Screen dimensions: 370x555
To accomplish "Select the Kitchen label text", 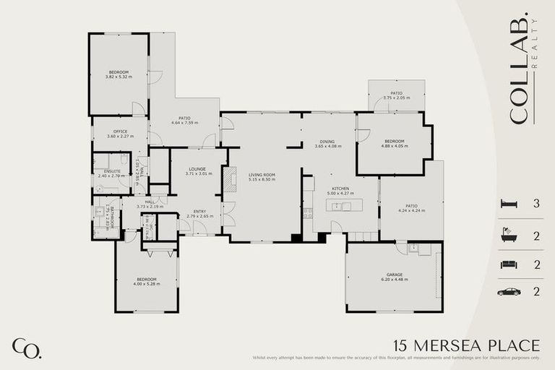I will tap(340, 191).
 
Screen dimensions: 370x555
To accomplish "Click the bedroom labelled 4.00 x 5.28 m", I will tap(146, 281).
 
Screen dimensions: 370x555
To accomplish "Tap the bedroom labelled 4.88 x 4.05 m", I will tap(394, 143).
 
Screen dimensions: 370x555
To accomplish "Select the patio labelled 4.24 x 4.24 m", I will tap(411, 208).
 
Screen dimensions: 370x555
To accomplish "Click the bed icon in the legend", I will tap(509, 204).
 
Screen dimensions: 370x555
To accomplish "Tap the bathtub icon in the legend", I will tap(509, 235).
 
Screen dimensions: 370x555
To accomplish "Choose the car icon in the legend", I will tap(509, 292).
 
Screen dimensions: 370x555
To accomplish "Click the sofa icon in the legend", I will tap(509, 264).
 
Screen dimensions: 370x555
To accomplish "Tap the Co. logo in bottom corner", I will tap(26, 348).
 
